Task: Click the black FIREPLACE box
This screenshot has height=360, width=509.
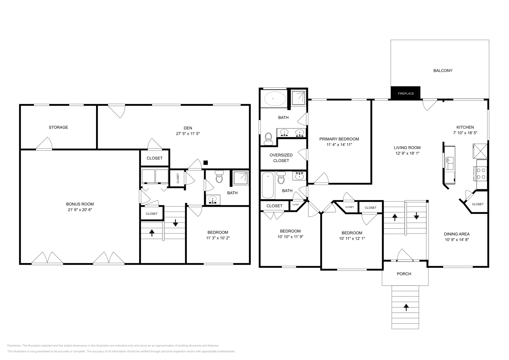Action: pyautogui.click(x=406, y=93)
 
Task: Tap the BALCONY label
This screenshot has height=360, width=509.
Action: pyautogui.click(x=443, y=71)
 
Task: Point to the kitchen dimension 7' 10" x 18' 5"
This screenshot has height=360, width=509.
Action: pyautogui.click(x=465, y=133)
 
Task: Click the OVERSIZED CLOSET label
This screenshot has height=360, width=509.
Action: pyautogui.click(x=281, y=158)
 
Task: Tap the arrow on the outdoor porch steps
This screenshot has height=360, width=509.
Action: pyautogui.click(x=406, y=307)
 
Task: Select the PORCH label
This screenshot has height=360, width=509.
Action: pyautogui.click(x=404, y=274)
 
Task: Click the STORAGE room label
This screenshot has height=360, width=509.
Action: pyautogui.click(x=58, y=127)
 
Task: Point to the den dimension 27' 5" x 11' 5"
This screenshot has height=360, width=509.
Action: pyautogui.click(x=188, y=134)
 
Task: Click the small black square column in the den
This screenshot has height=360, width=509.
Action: pyautogui.click(x=206, y=163)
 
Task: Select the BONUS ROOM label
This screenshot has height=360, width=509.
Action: pyautogui.click(x=80, y=204)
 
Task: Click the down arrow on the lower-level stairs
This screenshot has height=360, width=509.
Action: pyautogui.click(x=175, y=223)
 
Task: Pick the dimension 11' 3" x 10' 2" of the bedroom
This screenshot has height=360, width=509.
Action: pyautogui.click(x=218, y=238)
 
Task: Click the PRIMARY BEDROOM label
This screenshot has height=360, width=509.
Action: pyautogui.click(x=339, y=139)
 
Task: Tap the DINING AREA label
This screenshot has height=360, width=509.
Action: pyautogui.click(x=457, y=234)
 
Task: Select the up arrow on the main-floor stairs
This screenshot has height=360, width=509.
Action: pyautogui.click(x=394, y=218)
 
